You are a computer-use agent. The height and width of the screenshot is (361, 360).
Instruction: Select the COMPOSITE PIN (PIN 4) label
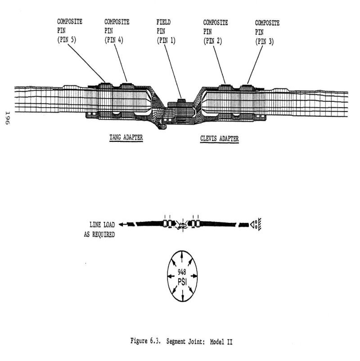click(117, 31)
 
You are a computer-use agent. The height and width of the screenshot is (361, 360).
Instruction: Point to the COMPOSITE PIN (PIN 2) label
click(216, 31)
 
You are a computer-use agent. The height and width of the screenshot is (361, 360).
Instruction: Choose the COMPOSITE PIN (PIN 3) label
click(267, 31)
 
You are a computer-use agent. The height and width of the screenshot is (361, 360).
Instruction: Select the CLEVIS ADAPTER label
click(220, 139)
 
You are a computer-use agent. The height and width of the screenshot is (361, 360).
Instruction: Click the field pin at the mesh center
click(180, 99)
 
